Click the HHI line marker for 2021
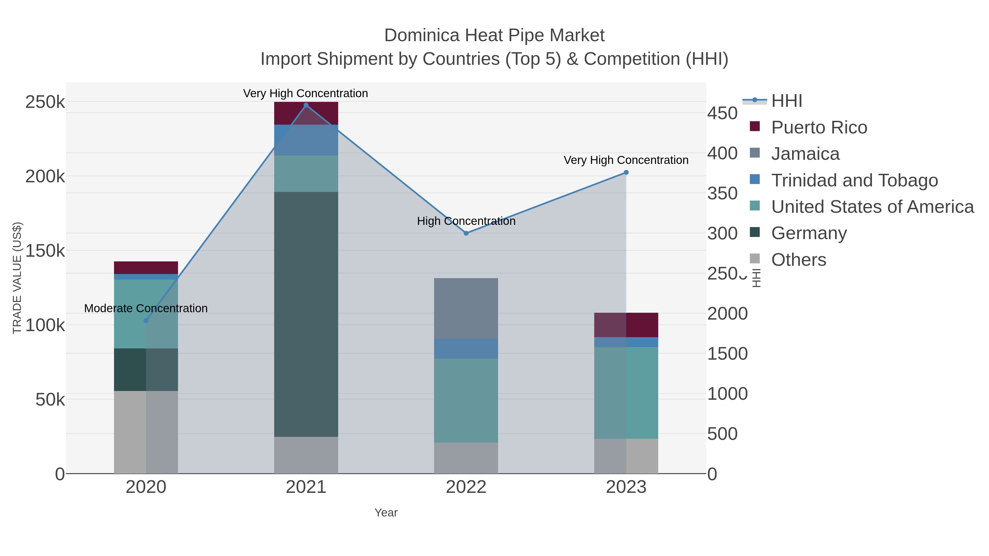(x=306, y=105)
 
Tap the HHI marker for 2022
(x=466, y=233)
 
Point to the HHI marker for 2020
(x=146, y=321)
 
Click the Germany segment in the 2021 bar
(x=306, y=315)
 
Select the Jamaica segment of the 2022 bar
(x=466, y=309)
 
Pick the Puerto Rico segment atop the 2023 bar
(x=626, y=325)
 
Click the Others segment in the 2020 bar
(x=146, y=432)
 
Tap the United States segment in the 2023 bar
(x=626, y=393)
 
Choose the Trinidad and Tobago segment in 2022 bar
(x=466, y=349)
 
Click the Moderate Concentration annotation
(x=146, y=309)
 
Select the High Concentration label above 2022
(x=466, y=221)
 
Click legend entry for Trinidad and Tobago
(x=854, y=180)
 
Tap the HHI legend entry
(x=786, y=101)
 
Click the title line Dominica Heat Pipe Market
(x=494, y=36)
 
